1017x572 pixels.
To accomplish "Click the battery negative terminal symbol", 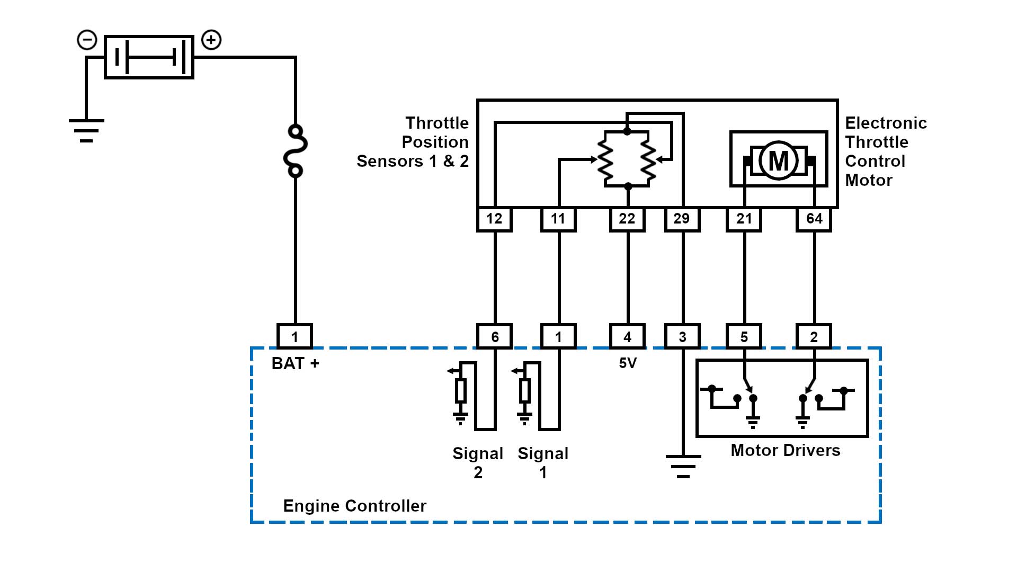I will pyautogui.click(x=87, y=40).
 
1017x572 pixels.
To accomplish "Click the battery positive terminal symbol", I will pyautogui.click(x=211, y=40).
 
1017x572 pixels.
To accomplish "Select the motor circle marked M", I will pyautogui.click(x=778, y=160).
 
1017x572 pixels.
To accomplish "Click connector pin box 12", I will pyautogui.click(x=494, y=219).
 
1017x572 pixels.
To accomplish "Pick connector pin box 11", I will pyautogui.click(x=558, y=219).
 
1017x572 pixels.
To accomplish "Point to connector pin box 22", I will pyautogui.click(x=627, y=219).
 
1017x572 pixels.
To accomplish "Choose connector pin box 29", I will pyautogui.click(x=682, y=219).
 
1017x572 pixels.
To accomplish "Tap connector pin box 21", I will pyautogui.click(x=744, y=219).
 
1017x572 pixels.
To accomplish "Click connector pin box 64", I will pyautogui.click(x=814, y=219).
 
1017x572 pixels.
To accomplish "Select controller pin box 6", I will pyautogui.click(x=495, y=337).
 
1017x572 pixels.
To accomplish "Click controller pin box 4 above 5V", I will pyautogui.click(x=627, y=337).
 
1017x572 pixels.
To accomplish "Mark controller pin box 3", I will pyautogui.click(x=682, y=337).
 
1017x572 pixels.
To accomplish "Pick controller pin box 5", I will pyautogui.click(x=744, y=337).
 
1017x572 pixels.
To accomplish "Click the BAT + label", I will pyautogui.click(x=295, y=363).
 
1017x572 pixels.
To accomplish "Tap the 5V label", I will pyautogui.click(x=628, y=363).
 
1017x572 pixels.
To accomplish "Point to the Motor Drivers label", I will pyautogui.click(x=785, y=450).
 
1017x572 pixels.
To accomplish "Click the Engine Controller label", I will pyautogui.click(x=354, y=506).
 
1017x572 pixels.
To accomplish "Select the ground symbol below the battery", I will pyautogui.click(x=86, y=130).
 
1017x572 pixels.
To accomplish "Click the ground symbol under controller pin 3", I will pyautogui.click(x=683, y=466).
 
